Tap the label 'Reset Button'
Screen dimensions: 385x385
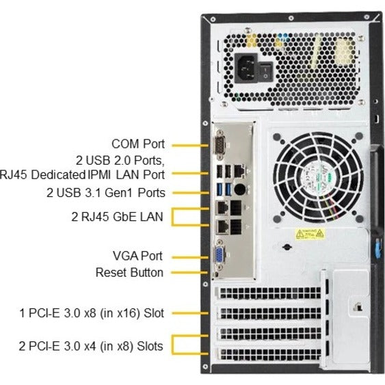129,273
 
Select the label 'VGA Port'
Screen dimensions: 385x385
138,256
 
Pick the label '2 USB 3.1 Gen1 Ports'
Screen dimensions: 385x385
106,193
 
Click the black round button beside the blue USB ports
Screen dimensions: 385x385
239,187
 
